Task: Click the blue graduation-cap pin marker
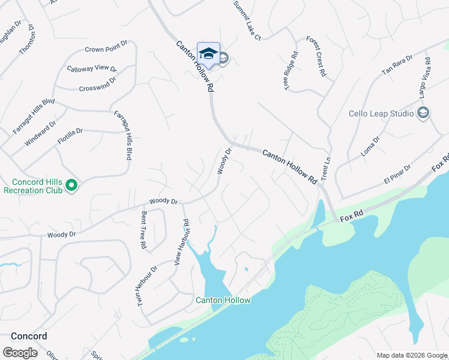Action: click(208, 54)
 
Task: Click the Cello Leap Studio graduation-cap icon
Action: click(423, 113)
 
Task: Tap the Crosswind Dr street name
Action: click(97, 85)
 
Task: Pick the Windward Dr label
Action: click(40, 134)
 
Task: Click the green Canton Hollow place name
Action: click(223, 300)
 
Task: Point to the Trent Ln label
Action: click(327, 170)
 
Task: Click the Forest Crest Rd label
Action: click(316, 56)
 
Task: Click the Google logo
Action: click(20, 353)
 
